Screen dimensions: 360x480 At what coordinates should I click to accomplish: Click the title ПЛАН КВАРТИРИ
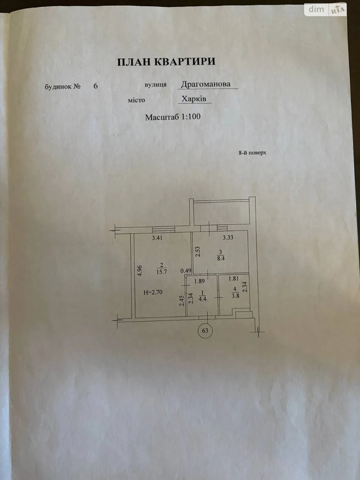[x=166, y=61]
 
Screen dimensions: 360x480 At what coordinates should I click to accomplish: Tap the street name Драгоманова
[x=205, y=84]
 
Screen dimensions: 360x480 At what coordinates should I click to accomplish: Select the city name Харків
[x=194, y=99]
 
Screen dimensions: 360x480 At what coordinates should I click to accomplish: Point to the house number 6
[x=96, y=86]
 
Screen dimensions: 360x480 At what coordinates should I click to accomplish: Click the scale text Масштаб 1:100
[x=172, y=117]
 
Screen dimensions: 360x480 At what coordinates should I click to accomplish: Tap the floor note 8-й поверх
[x=252, y=153]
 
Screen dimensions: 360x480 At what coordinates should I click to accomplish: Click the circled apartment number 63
[x=205, y=330]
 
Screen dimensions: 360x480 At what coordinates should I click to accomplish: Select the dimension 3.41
[x=157, y=238]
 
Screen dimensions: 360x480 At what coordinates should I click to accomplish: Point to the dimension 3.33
[x=228, y=237]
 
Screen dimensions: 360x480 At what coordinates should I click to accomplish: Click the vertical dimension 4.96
[x=140, y=271]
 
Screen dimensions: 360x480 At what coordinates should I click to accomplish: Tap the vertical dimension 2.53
[x=198, y=252]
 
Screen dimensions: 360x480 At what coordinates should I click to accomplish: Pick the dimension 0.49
[x=186, y=271]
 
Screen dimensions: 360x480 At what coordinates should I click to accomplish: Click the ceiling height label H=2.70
[x=153, y=292]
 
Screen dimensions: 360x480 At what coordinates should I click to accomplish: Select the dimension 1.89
[x=199, y=281]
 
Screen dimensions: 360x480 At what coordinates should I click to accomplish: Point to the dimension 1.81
[x=234, y=279]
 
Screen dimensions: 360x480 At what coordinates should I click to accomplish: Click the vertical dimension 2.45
[x=181, y=301]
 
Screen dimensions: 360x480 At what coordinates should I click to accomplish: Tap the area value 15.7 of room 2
[x=162, y=272]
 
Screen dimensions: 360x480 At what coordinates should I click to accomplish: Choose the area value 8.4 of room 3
[x=221, y=258]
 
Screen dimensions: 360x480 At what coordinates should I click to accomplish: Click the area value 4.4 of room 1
[x=202, y=299]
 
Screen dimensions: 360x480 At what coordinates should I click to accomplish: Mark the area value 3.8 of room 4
[x=235, y=297]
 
